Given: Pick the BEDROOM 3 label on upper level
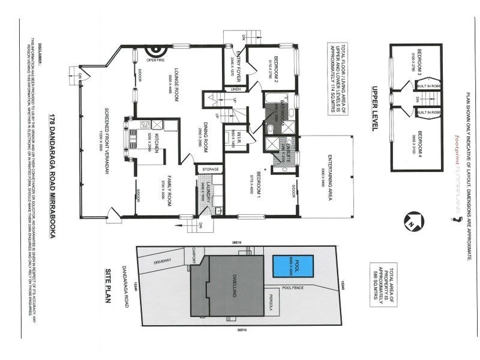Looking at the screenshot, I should click(x=420, y=61).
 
